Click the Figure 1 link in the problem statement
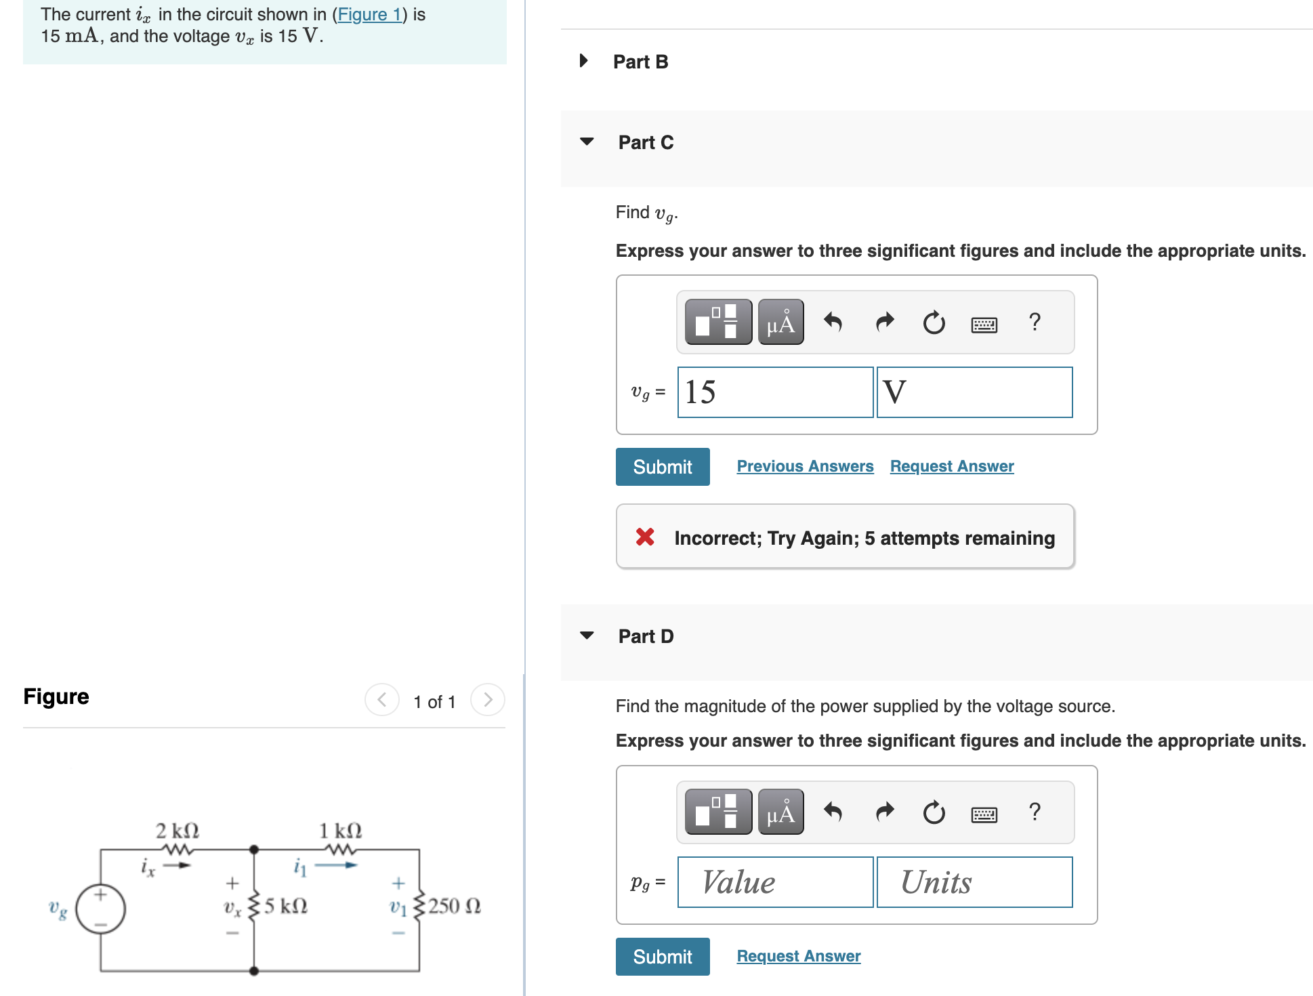(x=369, y=14)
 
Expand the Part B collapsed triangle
(x=583, y=61)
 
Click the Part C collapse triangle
(x=587, y=142)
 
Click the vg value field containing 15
(x=774, y=392)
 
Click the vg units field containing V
(x=974, y=392)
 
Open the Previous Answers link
(x=805, y=466)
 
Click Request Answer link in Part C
(x=951, y=466)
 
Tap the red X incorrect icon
(x=645, y=537)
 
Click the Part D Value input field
(x=774, y=882)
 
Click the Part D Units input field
(x=974, y=882)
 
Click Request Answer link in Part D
(x=798, y=956)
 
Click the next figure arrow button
(x=488, y=700)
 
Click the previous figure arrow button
(x=382, y=700)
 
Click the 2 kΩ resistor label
(x=177, y=831)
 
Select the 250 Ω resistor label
(x=454, y=906)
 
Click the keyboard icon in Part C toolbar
(x=984, y=324)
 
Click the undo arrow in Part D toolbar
(x=833, y=812)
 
